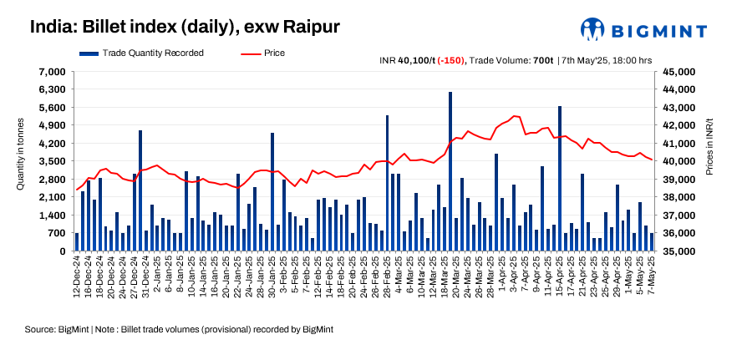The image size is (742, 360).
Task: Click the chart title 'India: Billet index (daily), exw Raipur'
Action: pos(185,26)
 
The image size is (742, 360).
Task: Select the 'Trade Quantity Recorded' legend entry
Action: pos(143,53)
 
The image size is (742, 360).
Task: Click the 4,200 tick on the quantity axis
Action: pos(53,143)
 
